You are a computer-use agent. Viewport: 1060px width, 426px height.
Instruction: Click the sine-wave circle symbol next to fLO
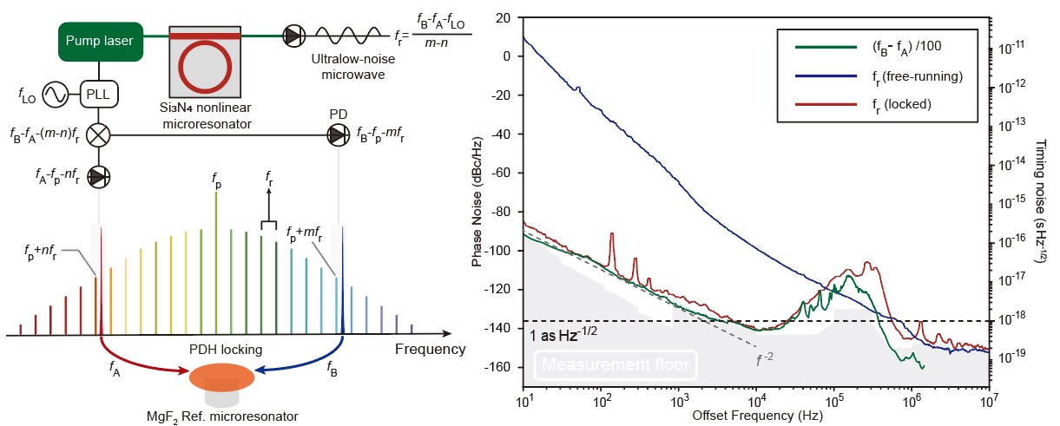57,94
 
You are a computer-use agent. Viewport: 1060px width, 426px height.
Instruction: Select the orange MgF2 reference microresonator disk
221,377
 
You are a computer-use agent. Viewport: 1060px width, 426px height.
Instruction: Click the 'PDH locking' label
224,350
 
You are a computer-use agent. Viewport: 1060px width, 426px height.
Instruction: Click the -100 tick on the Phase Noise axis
506,251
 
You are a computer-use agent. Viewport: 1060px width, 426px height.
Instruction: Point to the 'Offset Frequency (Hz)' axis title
754,415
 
